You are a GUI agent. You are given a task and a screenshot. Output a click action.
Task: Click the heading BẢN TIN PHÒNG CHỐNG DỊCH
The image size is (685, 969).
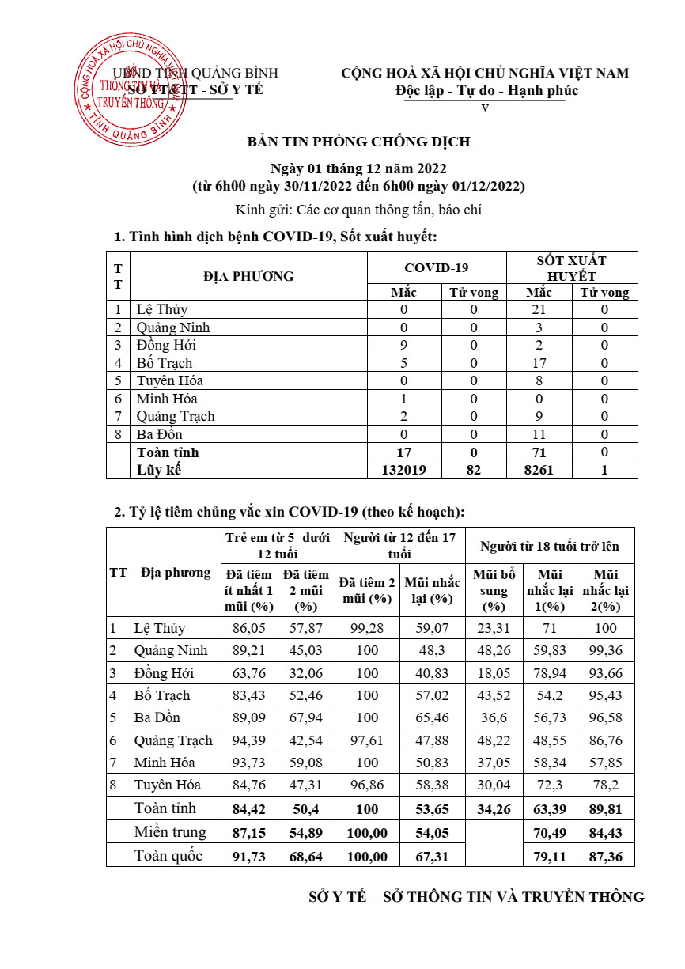pyautogui.click(x=358, y=142)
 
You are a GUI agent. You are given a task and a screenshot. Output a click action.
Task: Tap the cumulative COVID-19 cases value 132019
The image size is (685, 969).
pyautogui.click(x=403, y=470)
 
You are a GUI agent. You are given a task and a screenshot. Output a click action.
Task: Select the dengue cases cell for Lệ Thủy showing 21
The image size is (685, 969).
pyautogui.click(x=551, y=310)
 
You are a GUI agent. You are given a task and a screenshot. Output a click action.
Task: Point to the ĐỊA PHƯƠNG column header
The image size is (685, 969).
pyautogui.click(x=248, y=276)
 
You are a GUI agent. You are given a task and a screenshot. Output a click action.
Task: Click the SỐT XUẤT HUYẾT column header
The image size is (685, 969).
pyautogui.click(x=572, y=268)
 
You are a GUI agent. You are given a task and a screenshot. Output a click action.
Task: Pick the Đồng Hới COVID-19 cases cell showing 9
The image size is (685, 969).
pyautogui.click(x=403, y=346)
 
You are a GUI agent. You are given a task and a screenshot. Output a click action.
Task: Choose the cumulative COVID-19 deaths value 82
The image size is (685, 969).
pyautogui.click(x=474, y=470)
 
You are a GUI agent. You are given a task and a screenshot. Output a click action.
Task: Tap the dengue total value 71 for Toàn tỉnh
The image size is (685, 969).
pyautogui.click(x=551, y=452)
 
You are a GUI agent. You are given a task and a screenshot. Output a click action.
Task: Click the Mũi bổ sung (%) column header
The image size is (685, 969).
pyautogui.click(x=494, y=590)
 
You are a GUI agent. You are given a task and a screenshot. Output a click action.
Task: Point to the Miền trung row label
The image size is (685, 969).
pyautogui.click(x=170, y=831)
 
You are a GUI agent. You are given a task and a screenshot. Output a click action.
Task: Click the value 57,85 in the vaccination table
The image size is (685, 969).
pyautogui.click(x=606, y=763)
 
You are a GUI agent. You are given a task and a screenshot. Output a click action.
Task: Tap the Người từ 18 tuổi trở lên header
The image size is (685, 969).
pyautogui.click(x=550, y=546)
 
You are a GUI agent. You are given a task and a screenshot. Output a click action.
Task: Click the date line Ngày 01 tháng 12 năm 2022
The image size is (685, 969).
pyautogui.click(x=358, y=169)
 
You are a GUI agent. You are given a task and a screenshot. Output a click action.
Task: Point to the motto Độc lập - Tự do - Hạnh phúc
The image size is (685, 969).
pyautogui.click(x=487, y=90)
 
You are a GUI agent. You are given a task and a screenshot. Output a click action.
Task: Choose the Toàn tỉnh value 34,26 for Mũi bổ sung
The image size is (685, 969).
pyautogui.click(x=494, y=809)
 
